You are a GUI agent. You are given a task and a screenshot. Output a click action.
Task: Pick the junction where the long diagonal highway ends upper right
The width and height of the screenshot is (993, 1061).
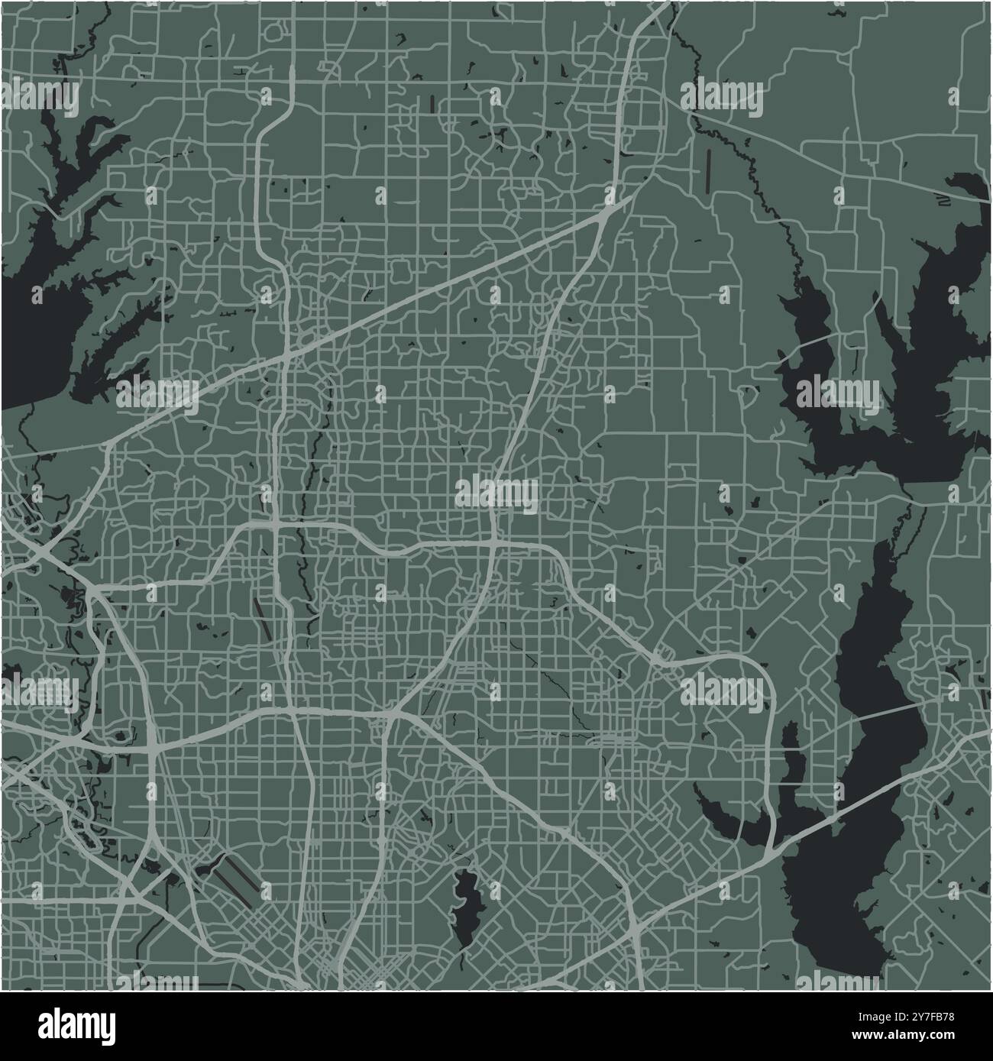(607, 211)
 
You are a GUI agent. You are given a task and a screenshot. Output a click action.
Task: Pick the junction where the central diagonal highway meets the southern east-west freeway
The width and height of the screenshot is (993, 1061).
(392, 714)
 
